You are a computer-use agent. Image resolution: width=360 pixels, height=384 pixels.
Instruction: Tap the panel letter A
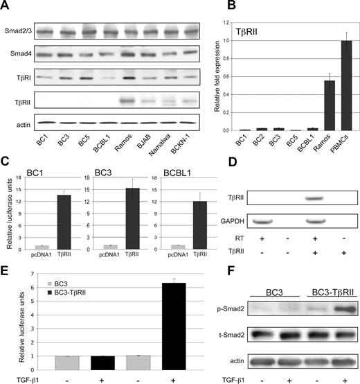(x=6, y=7)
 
